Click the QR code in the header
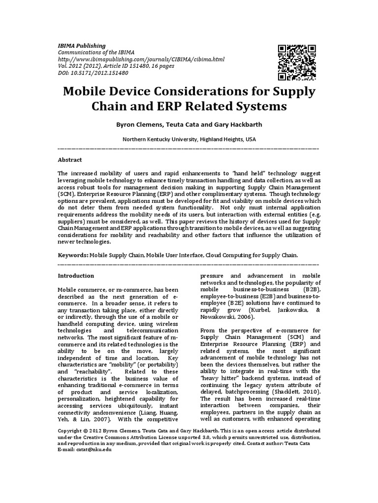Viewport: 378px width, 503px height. [297, 62]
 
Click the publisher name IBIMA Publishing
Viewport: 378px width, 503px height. [82, 46]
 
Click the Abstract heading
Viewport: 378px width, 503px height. [70, 160]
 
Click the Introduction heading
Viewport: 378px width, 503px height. [76, 276]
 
